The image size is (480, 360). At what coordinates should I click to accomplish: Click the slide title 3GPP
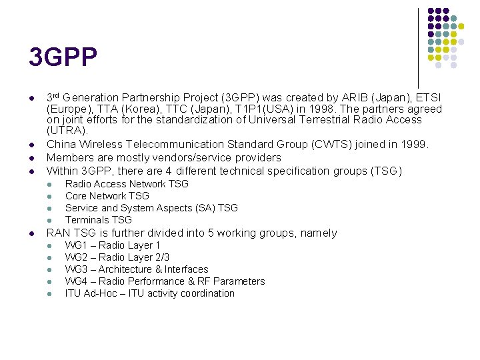[63, 57]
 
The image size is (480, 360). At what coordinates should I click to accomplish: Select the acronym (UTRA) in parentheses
[67, 131]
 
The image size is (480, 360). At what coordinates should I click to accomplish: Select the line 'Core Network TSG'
[107, 196]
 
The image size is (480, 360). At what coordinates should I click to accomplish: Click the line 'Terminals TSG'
[98, 220]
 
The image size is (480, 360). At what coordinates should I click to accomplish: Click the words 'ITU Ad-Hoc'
[91, 293]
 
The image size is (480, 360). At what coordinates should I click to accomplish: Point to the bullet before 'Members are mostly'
[32, 158]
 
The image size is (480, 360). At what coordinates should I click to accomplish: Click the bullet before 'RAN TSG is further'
[32, 233]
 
